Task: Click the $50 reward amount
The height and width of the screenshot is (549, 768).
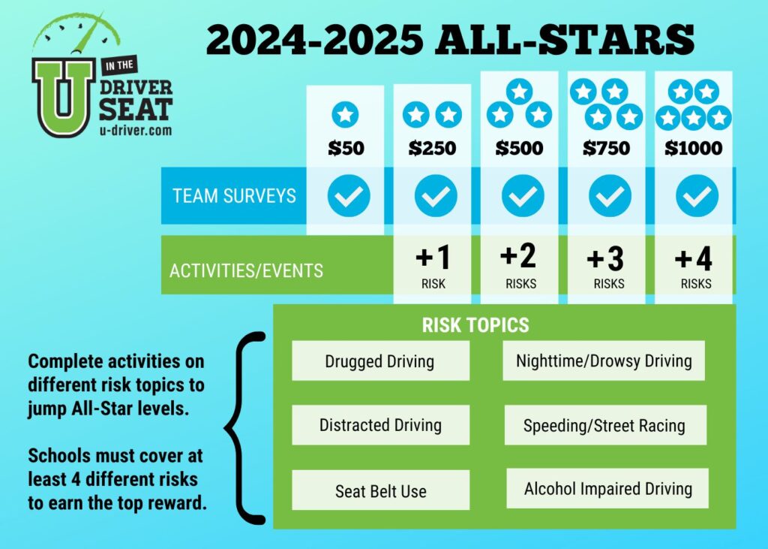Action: coord(346,148)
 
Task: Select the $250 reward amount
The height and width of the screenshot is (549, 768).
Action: coord(433,148)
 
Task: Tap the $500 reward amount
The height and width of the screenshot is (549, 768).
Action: coord(519,148)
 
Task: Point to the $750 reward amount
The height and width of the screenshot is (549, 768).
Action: coord(606,148)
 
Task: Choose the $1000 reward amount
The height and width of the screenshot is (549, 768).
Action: coord(694,148)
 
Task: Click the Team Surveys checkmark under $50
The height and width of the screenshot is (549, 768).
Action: coord(349,196)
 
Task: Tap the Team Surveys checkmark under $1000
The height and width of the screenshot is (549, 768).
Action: coord(697,196)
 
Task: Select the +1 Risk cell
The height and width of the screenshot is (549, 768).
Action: coord(433,267)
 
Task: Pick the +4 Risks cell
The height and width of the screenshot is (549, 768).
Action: coord(694,267)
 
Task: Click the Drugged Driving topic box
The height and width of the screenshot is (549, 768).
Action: coord(380,361)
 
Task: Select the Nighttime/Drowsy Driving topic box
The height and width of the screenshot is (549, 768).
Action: coord(604,360)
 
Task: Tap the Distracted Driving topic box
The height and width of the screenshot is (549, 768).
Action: coord(380,425)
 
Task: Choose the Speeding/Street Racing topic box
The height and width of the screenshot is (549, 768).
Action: coord(605,425)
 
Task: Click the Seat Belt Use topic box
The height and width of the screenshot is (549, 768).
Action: coord(380,490)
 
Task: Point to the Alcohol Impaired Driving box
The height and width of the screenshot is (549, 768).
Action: coord(607,488)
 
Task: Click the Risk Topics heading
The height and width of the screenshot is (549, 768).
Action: coord(475,324)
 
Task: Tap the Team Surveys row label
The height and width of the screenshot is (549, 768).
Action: coord(234,196)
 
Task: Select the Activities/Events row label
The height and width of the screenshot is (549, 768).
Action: coord(246,271)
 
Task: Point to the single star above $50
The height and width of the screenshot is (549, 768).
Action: coord(345,115)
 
